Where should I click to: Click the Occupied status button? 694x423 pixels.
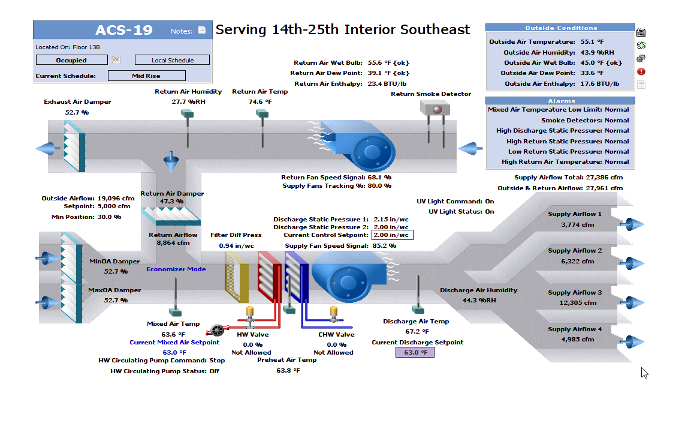(x=71, y=60)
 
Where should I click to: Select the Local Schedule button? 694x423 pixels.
(x=172, y=60)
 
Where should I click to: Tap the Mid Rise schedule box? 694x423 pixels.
(x=146, y=76)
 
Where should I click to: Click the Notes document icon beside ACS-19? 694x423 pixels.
(x=202, y=31)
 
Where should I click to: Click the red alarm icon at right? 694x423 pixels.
(x=641, y=71)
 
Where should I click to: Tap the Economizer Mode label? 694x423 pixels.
(x=176, y=269)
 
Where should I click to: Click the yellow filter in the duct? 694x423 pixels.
(x=236, y=277)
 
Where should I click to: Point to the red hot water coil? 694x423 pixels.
(x=269, y=277)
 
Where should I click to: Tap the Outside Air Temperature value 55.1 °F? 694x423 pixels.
(x=592, y=42)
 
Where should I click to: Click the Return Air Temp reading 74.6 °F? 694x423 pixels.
(x=260, y=102)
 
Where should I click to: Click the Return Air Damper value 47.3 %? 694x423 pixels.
(x=171, y=202)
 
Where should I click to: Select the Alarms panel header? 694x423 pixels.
(x=560, y=101)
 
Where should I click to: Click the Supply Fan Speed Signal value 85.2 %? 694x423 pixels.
(x=384, y=245)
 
